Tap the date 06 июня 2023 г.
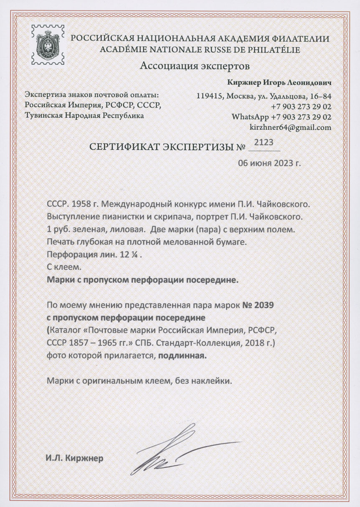point(269,163)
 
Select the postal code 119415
point(208,96)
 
